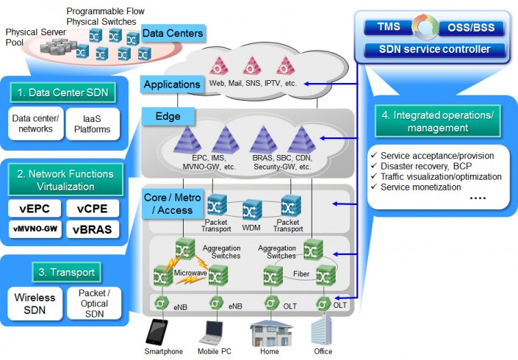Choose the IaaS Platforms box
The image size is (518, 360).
[x=92, y=123]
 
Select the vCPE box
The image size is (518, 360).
[x=92, y=208]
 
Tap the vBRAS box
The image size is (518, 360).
[x=92, y=229]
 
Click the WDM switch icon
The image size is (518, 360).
[x=252, y=209]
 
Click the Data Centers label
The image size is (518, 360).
[x=173, y=34]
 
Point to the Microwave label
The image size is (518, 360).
[x=190, y=273]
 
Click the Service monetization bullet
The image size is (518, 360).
[x=422, y=187]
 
